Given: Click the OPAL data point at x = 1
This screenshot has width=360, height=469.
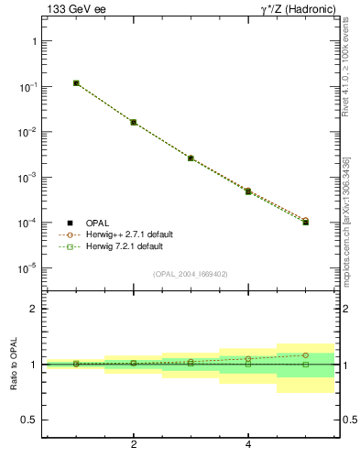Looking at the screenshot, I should (x=76, y=83).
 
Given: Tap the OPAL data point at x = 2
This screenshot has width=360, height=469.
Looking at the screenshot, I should (x=134, y=122).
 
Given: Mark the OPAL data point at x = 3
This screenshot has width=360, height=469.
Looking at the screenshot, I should (x=191, y=158).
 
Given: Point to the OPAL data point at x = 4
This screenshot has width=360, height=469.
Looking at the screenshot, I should (x=248, y=191).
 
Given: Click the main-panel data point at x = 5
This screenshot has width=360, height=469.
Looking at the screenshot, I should (x=305, y=222).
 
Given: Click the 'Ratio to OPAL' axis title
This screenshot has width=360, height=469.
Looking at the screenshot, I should (x=13, y=365).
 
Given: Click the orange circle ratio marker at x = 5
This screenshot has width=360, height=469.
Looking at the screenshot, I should (x=305, y=355).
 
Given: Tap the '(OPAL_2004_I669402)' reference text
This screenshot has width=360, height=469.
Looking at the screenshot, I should (x=191, y=274).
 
